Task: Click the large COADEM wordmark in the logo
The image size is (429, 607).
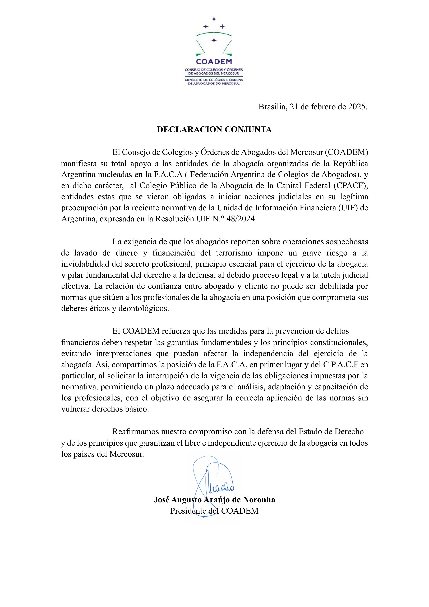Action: [x=214, y=62]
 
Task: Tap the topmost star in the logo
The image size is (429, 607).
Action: [x=214, y=19]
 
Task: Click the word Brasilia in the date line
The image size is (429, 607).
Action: [x=272, y=107]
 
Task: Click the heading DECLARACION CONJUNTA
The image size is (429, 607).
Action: [x=214, y=130]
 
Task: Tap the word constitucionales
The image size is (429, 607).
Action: [x=339, y=342]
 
